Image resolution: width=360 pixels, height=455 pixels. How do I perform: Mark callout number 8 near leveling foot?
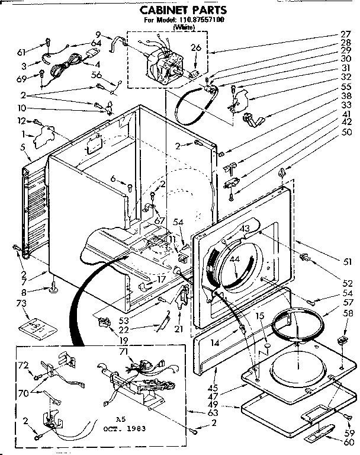(x=23, y=291)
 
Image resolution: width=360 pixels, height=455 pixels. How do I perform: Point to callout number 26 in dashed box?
(x=196, y=48)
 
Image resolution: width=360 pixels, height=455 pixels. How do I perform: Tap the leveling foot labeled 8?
(x=53, y=289)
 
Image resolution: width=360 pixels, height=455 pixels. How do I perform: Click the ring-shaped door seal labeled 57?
(x=299, y=325)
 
